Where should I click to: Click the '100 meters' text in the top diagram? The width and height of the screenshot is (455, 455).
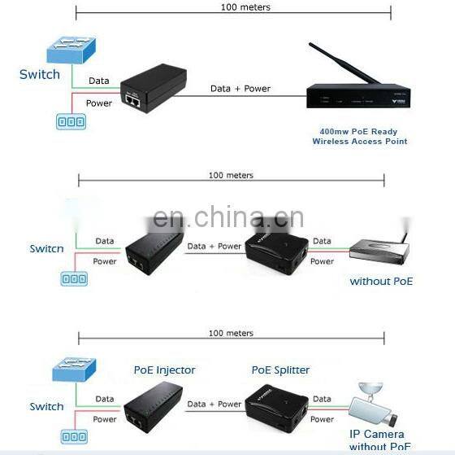(x=245, y=7)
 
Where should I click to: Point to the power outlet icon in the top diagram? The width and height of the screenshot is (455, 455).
(x=70, y=121)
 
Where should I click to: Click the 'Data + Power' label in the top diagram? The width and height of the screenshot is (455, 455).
(x=240, y=88)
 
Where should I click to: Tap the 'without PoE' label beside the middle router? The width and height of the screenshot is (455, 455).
(x=381, y=281)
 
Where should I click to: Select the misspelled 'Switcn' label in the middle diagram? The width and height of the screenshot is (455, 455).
(x=46, y=248)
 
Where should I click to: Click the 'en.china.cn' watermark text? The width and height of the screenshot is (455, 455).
(x=228, y=218)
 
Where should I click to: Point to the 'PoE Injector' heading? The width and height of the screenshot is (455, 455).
(x=164, y=370)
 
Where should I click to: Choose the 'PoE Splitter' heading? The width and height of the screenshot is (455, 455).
(x=280, y=370)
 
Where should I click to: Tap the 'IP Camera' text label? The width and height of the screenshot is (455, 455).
(x=377, y=434)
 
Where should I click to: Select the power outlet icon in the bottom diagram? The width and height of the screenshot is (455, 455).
(x=72, y=436)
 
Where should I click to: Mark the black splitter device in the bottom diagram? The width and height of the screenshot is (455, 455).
(x=279, y=405)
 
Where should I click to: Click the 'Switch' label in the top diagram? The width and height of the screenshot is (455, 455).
(x=40, y=74)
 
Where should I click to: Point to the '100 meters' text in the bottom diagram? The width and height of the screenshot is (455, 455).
(x=231, y=333)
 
